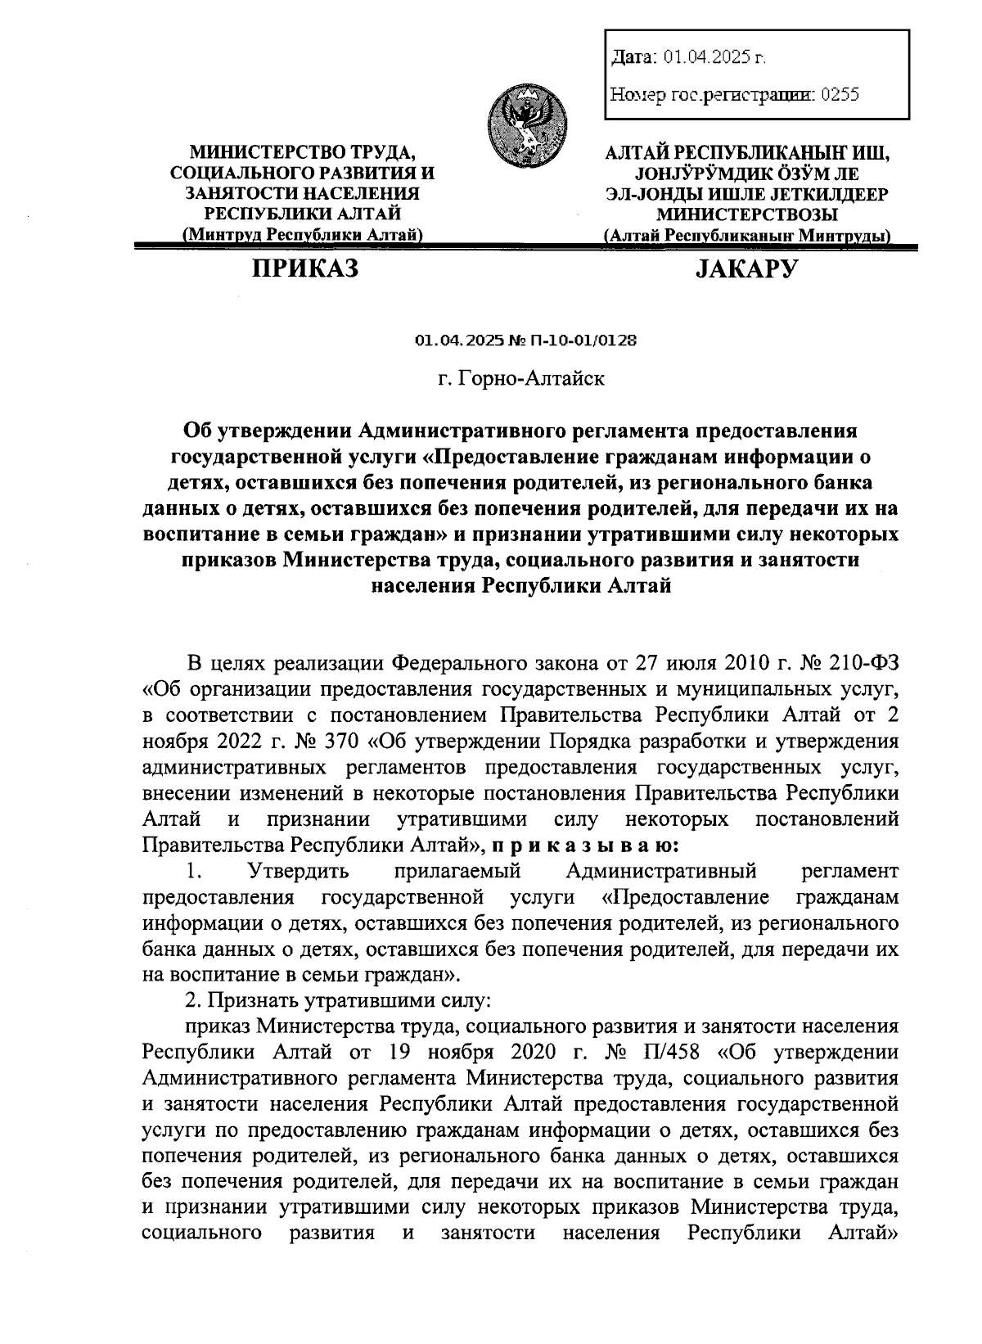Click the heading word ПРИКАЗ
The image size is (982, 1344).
pos(305,268)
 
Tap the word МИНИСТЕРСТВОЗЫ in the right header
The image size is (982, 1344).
pos(747,214)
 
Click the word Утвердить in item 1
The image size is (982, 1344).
pos(299,870)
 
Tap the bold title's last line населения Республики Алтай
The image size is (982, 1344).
pos(521,586)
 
